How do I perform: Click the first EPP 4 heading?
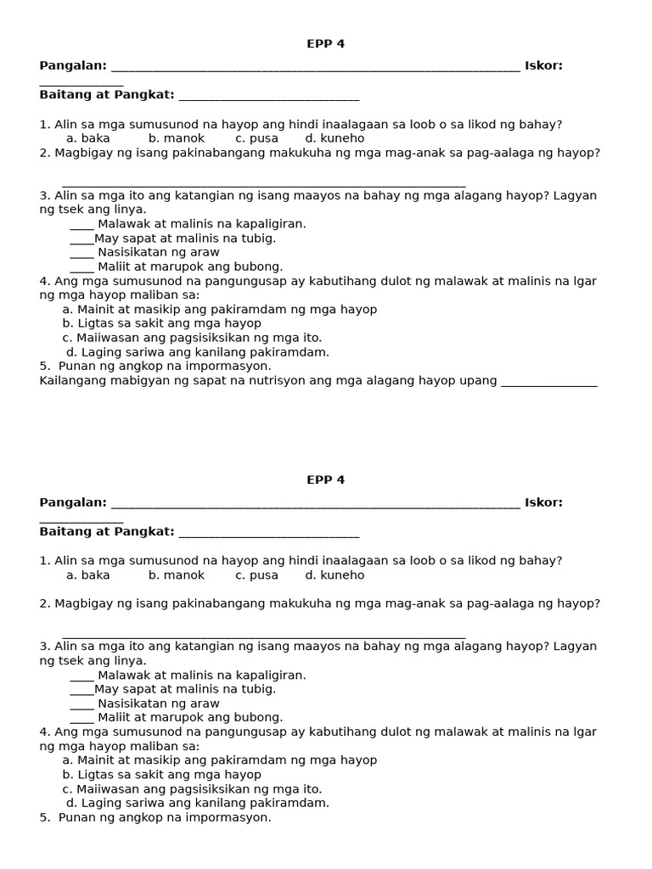coord(325,44)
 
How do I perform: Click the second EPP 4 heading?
coord(325,479)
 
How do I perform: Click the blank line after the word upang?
coord(549,383)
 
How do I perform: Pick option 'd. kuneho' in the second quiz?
coord(334,575)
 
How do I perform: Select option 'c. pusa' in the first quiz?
coord(256,138)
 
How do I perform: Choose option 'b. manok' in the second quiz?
coord(177,575)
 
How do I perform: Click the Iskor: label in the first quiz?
coord(543,65)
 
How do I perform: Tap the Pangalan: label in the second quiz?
coord(73,502)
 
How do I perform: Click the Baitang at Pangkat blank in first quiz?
coord(269,98)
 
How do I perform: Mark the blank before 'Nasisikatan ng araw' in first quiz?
coord(81,254)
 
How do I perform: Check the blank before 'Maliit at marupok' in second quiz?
coord(81,719)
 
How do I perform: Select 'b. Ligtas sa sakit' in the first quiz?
coord(161,323)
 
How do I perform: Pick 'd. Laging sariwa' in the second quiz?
coord(198,803)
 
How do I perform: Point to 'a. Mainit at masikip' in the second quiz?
coord(219,760)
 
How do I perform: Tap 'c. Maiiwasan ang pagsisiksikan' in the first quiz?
coord(192,338)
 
